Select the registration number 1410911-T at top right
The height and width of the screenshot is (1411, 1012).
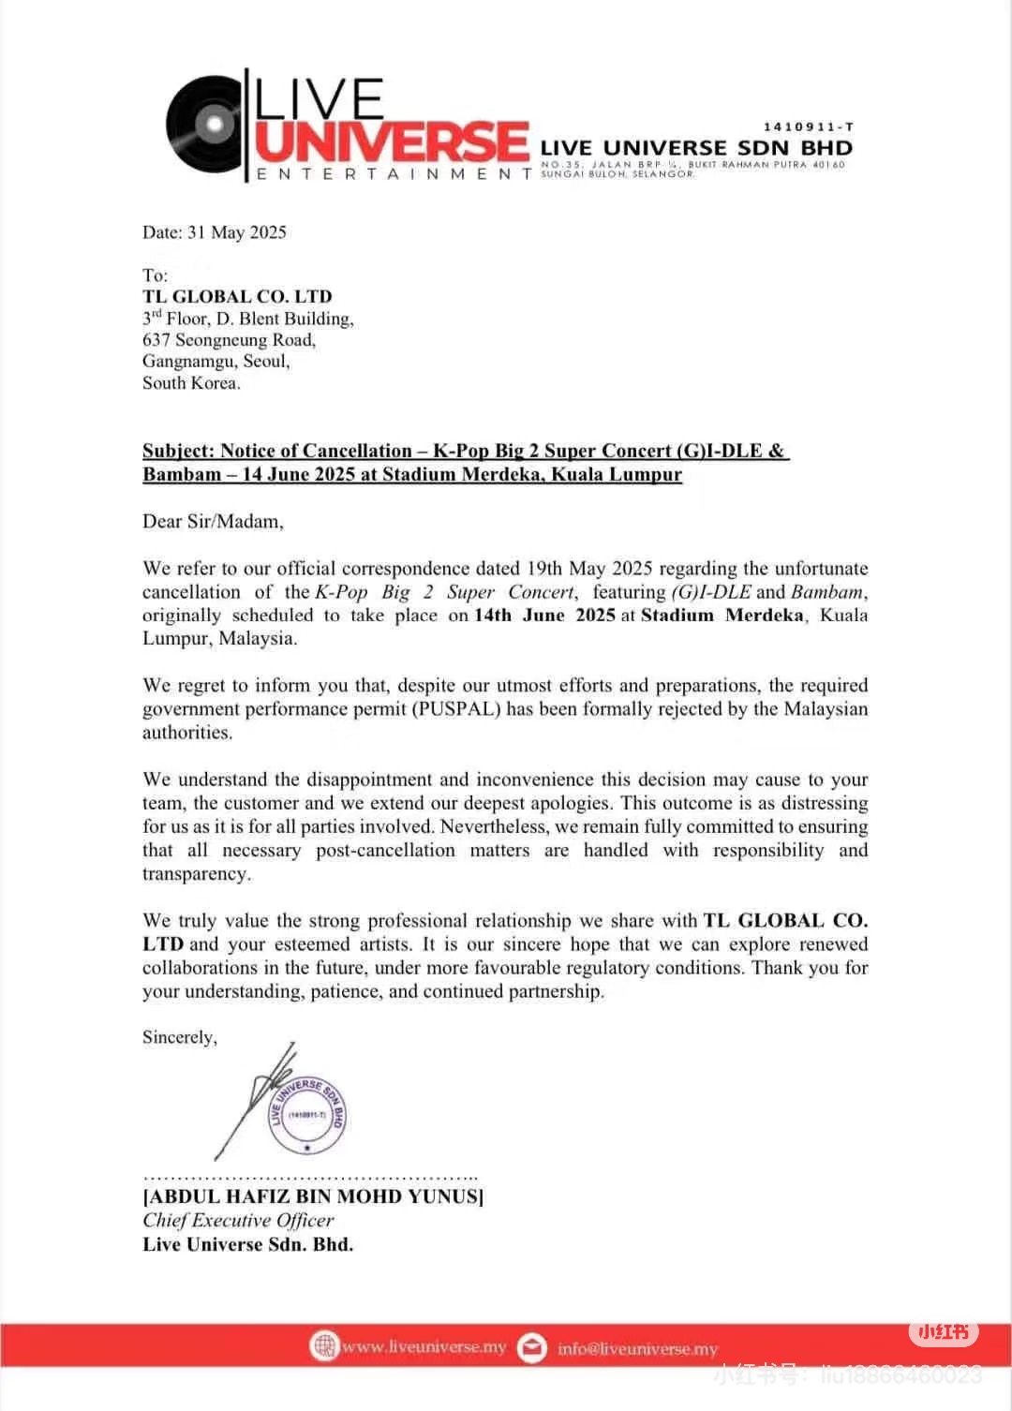[x=808, y=126]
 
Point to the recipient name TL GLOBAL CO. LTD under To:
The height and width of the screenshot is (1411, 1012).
[x=237, y=297]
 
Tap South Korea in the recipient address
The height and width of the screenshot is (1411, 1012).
[x=191, y=383]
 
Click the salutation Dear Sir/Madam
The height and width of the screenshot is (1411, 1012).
[x=213, y=521]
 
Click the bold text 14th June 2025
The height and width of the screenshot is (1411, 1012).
[x=544, y=616]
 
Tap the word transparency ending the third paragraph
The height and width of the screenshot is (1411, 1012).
[x=196, y=874]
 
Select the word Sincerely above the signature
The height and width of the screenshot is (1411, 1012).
[x=179, y=1037]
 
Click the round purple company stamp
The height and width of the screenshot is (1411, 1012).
[x=307, y=1115]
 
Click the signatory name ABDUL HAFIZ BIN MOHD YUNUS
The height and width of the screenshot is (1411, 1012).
[x=314, y=1196]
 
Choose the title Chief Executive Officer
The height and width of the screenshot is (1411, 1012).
[x=238, y=1221]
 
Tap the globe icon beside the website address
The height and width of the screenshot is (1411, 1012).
[x=323, y=1346]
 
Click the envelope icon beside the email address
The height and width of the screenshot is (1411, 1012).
[x=532, y=1347]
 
